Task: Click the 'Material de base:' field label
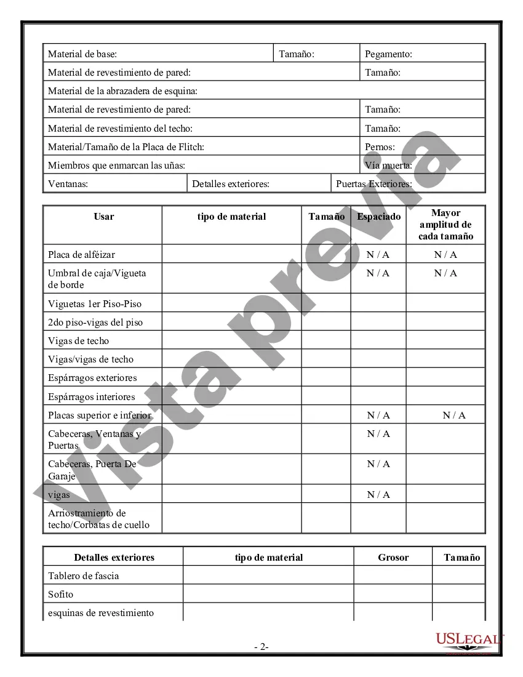click(x=82, y=54)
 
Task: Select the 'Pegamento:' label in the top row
click(x=388, y=54)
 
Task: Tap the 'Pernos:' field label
click(x=380, y=147)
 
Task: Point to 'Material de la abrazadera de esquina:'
click(x=122, y=91)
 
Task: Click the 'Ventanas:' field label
click(x=68, y=184)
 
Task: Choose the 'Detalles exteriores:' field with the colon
click(x=231, y=184)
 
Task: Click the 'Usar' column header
click(x=103, y=217)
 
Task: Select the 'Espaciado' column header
click(x=378, y=217)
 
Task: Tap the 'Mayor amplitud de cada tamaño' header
click(x=445, y=225)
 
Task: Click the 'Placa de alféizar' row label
click(x=81, y=255)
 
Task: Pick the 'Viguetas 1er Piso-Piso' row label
click(x=95, y=303)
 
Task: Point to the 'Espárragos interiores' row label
click(x=91, y=397)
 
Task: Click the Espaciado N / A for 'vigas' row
click(x=378, y=495)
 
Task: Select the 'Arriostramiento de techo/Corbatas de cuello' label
click(x=98, y=519)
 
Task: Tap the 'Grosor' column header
click(x=393, y=558)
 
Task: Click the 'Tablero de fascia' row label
click(x=84, y=576)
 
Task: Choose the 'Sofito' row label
click(x=60, y=595)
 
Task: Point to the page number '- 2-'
click(x=261, y=647)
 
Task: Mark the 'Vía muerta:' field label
click(x=388, y=166)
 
